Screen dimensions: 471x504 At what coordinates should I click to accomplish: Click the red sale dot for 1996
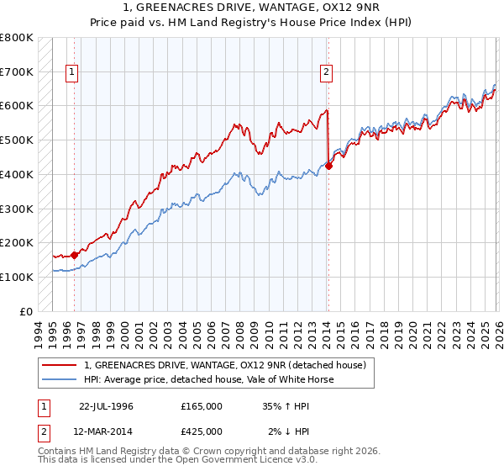[x=75, y=254]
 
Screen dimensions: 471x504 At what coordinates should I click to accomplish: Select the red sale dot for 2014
[x=328, y=166]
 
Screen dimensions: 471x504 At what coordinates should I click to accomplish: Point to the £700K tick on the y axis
[x=17, y=71]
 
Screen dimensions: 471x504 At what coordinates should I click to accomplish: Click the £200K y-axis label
[x=17, y=242]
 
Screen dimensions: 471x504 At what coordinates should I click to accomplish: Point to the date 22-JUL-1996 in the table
[x=106, y=405]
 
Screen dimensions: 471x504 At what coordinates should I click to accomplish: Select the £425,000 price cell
[x=201, y=431]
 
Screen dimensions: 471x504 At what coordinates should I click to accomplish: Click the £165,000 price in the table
[x=201, y=405]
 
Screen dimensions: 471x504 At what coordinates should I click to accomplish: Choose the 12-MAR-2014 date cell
[x=106, y=431]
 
